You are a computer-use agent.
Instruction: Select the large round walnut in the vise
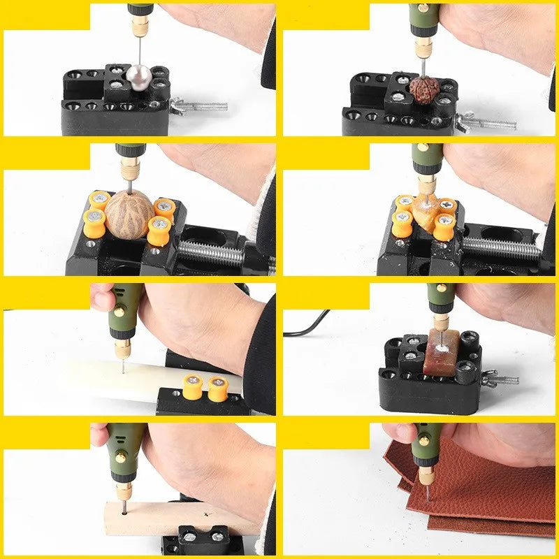pos(130,210)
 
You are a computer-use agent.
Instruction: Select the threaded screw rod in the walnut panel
pos(210,249)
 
